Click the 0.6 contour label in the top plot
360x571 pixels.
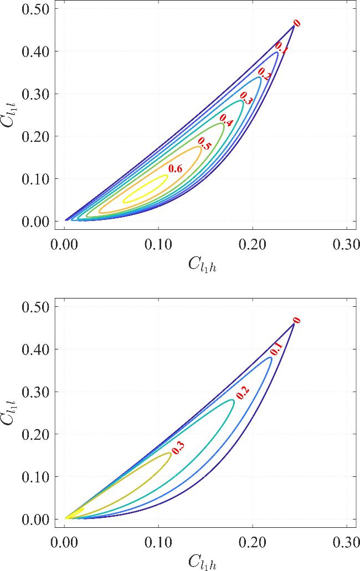tap(176, 169)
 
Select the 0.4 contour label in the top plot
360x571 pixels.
tap(226, 118)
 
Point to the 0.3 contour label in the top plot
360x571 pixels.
tap(246, 100)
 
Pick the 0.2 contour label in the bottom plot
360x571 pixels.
tap(242, 392)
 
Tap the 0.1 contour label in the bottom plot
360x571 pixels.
tap(276, 350)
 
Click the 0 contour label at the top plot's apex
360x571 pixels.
tap(297, 23)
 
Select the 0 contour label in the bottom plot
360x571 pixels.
tap(297, 321)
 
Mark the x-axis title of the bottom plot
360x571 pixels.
tap(206, 562)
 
